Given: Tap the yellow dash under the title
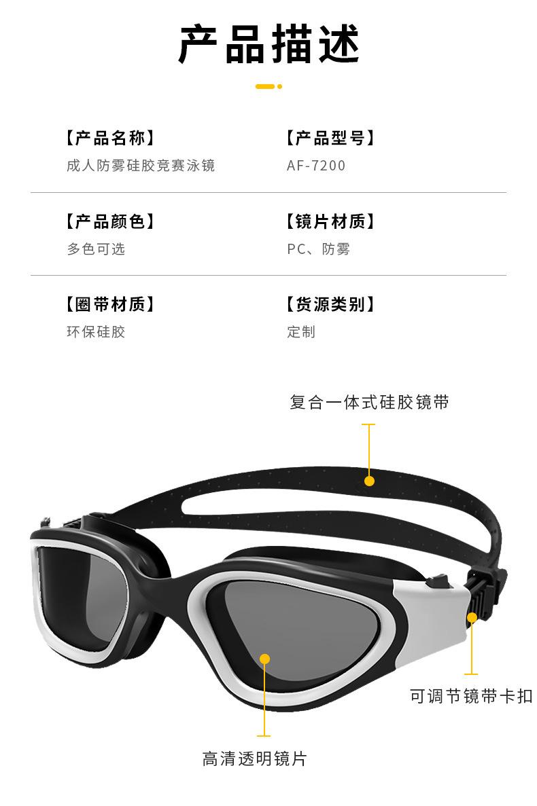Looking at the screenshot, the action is tap(268, 86).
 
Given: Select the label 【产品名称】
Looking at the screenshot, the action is tap(110, 138).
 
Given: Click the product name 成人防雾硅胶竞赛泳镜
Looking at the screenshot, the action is tap(141, 165).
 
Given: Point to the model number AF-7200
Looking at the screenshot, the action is tap(316, 166).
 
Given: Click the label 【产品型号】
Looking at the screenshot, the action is tap(330, 138).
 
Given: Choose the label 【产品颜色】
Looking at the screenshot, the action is tap(110, 221).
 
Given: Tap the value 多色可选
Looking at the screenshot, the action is tap(96, 249).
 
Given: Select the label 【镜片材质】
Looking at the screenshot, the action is tap(330, 221).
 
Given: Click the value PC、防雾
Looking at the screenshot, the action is tap(318, 249).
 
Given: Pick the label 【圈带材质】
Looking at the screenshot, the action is tap(110, 304).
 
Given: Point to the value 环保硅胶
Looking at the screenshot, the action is tap(96, 331).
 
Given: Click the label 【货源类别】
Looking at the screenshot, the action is tap(330, 304).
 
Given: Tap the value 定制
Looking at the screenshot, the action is tap(301, 331).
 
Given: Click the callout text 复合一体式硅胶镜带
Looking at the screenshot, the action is tap(369, 402).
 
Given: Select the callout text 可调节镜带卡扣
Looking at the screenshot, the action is tap(471, 696).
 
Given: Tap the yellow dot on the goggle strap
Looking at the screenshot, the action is tap(369, 481).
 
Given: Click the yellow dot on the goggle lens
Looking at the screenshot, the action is tap(264, 658).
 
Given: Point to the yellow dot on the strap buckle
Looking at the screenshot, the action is tap(471, 617).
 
